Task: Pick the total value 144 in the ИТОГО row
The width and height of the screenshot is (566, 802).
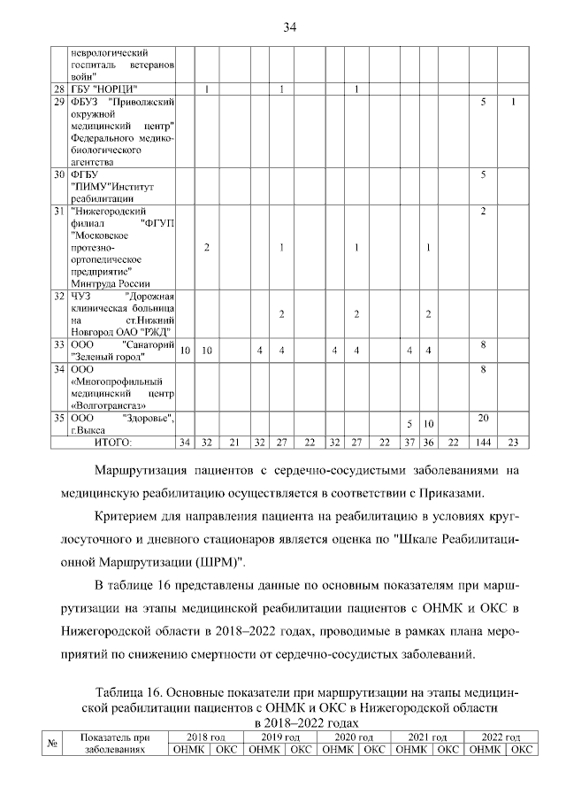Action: pos(484,442)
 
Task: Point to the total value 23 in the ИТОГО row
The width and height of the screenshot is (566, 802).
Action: pos(514,442)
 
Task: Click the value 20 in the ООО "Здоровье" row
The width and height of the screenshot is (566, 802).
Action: pos(484,417)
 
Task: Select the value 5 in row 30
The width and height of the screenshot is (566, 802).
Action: pos(484,175)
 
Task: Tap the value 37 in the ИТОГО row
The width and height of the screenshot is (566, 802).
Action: pos(409,442)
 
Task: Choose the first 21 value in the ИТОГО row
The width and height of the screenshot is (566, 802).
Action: pos(235,442)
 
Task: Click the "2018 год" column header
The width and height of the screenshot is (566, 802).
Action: pos(206,736)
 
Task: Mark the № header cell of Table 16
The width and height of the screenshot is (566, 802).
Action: pos(52,744)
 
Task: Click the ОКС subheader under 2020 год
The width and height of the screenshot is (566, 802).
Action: pos(376,750)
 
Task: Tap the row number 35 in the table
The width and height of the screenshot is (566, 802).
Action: pos(58,417)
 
